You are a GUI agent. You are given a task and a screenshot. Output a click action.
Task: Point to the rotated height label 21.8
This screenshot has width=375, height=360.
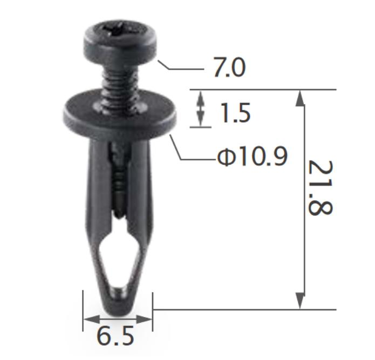pyautogui.click(x=319, y=188)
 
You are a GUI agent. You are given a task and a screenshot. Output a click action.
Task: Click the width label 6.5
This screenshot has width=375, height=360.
pyautogui.click(x=115, y=336)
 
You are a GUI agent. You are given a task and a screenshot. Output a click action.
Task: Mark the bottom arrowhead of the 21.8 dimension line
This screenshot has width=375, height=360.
pyautogui.click(x=301, y=302)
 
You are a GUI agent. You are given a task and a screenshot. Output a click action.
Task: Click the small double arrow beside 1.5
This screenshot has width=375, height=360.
pyautogui.click(x=201, y=108)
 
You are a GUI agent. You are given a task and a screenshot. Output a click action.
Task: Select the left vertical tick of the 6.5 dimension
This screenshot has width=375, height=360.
pyautogui.click(x=83, y=310)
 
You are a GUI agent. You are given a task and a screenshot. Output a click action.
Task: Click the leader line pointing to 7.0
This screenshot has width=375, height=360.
pyautogui.click(x=181, y=69)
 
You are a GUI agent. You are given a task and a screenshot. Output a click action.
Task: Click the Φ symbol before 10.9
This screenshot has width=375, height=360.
pyautogui.click(x=225, y=157)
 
